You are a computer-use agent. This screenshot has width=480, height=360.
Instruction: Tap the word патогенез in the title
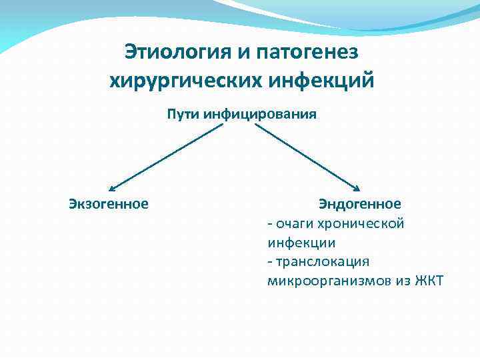tap(303, 52)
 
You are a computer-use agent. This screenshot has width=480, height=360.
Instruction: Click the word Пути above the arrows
tap(184, 114)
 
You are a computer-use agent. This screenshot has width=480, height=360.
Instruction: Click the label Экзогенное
tap(109, 203)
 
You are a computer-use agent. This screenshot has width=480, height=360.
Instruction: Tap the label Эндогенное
tap(359, 203)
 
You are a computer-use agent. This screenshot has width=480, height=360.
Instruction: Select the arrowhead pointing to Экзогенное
tap(111, 189)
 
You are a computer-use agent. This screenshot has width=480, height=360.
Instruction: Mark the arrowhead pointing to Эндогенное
tap(357, 189)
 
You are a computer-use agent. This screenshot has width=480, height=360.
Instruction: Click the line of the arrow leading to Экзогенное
tap(167, 157)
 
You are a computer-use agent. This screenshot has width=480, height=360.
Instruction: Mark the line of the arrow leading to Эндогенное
tap(307, 157)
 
